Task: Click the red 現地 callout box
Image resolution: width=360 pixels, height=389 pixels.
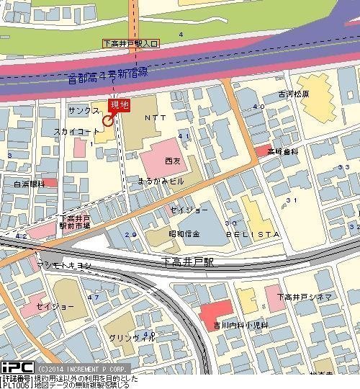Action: click(120, 105)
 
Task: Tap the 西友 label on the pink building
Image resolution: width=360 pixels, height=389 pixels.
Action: click(172, 159)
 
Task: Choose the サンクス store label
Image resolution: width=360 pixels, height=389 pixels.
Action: click(84, 111)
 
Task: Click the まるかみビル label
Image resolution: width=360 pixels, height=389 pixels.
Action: click(167, 182)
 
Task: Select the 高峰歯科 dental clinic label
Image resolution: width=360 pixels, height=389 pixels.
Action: click(282, 152)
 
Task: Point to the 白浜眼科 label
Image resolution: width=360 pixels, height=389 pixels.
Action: click(29, 184)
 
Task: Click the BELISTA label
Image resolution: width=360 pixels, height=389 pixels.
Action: click(253, 236)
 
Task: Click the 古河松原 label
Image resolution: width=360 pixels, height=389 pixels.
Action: click(294, 94)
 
